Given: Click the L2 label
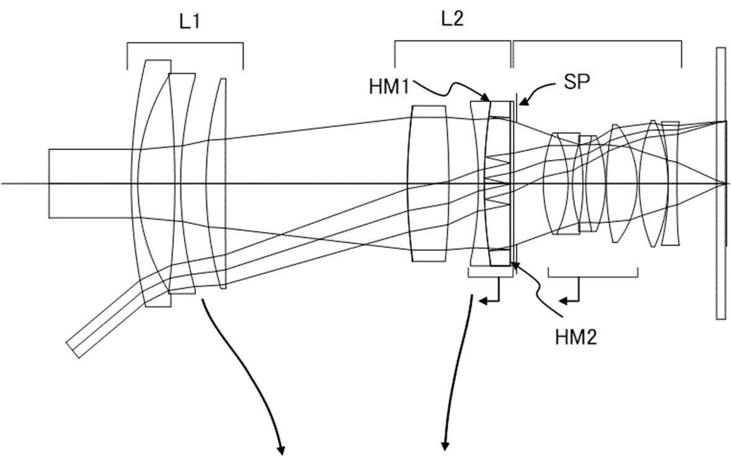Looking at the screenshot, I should pyautogui.click(x=453, y=20).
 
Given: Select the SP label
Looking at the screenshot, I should pyautogui.click(x=574, y=83).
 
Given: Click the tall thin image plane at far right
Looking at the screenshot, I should pyautogui.click(x=720, y=183).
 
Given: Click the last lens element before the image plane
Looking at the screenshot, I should pyautogui.click(x=670, y=183).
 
